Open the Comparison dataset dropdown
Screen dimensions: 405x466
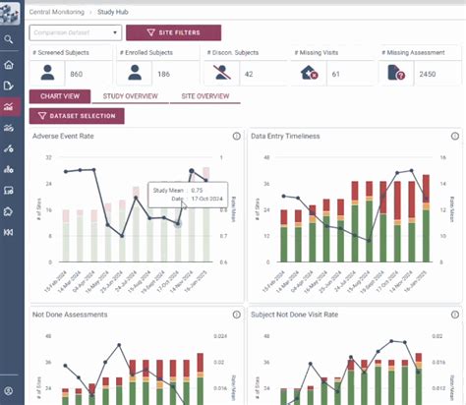75,32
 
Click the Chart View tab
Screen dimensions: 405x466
59,96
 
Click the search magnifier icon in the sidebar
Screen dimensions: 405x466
9,40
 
